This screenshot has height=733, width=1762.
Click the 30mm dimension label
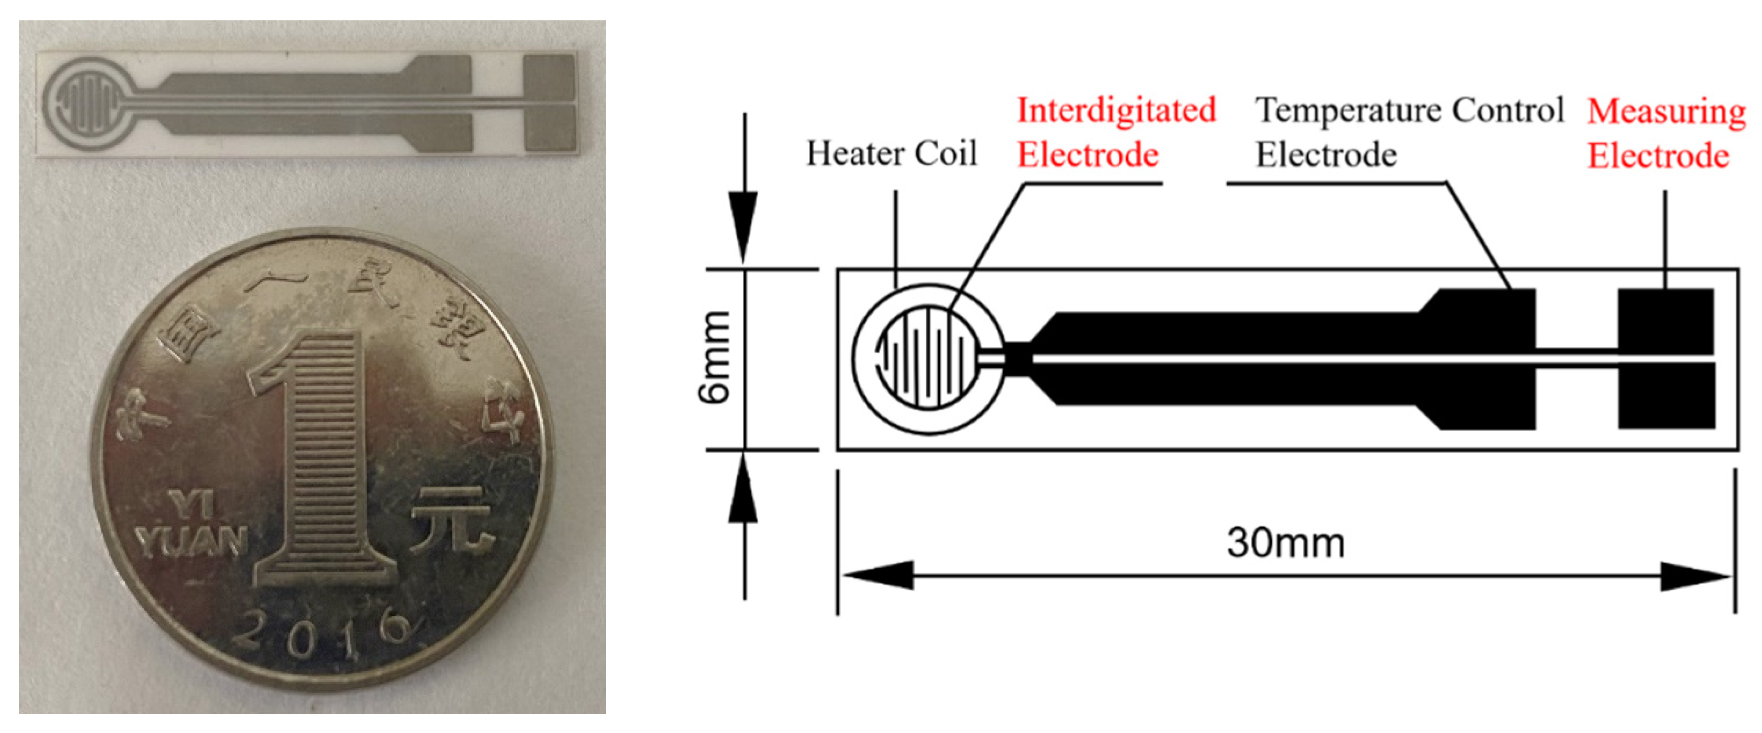1285,543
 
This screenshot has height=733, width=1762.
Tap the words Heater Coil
891,153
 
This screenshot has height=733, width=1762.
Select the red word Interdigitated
1116,111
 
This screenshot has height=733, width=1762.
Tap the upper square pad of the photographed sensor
549,79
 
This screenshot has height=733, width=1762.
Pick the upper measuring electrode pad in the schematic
1666,320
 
